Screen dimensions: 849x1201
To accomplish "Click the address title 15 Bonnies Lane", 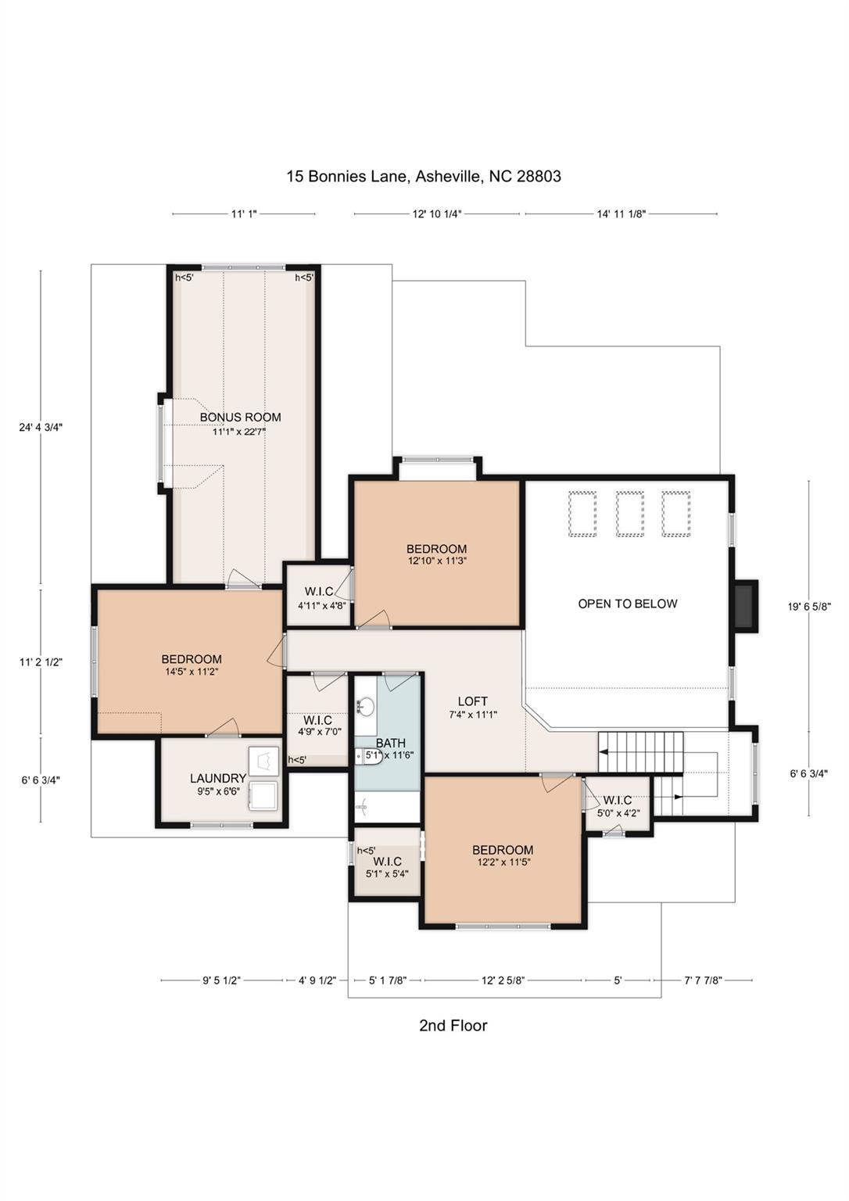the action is (x=346, y=177).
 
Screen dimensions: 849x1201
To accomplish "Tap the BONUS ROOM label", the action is (x=240, y=417).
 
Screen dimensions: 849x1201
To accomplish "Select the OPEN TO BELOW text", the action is (x=627, y=604).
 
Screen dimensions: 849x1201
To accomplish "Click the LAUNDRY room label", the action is (x=218, y=778).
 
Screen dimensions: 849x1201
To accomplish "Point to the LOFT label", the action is (x=473, y=701).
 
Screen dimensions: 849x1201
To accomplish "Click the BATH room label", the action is (x=391, y=743).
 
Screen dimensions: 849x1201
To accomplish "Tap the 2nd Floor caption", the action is (x=453, y=1026).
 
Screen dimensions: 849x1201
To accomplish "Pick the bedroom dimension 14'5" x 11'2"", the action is (x=192, y=672).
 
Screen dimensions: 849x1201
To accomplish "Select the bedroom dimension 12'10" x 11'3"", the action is (x=436, y=561).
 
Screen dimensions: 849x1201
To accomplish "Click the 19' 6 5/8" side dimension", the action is (x=809, y=607).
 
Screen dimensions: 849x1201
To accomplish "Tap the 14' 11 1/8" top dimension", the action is (x=622, y=214).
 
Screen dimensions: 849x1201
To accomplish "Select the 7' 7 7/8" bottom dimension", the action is (x=704, y=980).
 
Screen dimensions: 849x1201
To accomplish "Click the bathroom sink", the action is (x=367, y=707).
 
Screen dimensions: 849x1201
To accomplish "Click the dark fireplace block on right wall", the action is (x=746, y=607).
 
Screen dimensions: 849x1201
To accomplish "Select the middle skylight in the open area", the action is (x=630, y=514).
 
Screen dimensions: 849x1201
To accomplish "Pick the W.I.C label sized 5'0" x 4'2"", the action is (x=618, y=801).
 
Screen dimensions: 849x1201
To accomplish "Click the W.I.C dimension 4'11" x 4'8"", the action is (x=322, y=606).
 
